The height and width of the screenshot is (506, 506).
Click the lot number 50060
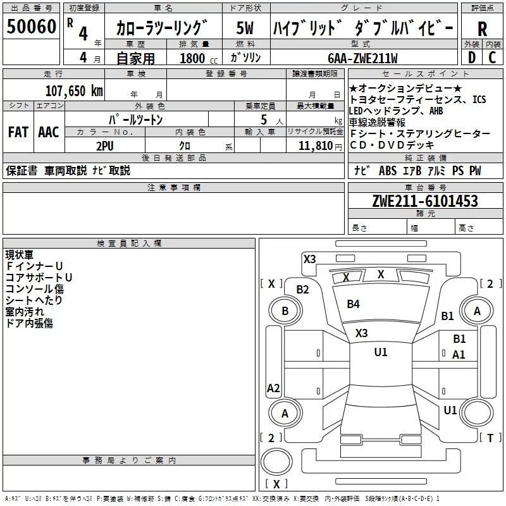click(32, 27)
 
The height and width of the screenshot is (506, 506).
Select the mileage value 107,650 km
click(75, 90)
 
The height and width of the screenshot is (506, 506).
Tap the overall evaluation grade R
click(482, 28)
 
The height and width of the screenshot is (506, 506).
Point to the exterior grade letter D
click(471, 57)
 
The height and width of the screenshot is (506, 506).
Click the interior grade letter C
click(492, 57)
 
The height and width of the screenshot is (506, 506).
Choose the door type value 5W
click(245, 28)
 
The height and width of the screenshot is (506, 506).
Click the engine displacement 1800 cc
click(197, 58)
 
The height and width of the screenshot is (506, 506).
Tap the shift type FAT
click(18, 132)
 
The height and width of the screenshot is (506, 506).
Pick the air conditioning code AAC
click(48, 132)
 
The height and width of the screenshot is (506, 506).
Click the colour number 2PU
click(105, 145)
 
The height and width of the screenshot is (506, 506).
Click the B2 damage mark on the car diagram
click(303, 290)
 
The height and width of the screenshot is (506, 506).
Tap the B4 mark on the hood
click(353, 304)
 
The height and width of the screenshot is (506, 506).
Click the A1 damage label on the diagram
click(459, 355)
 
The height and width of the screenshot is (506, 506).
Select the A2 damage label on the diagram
click(273, 388)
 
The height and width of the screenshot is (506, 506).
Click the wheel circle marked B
click(285, 311)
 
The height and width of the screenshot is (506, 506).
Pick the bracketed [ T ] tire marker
click(490, 438)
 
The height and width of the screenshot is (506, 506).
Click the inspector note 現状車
click(19, 255)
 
